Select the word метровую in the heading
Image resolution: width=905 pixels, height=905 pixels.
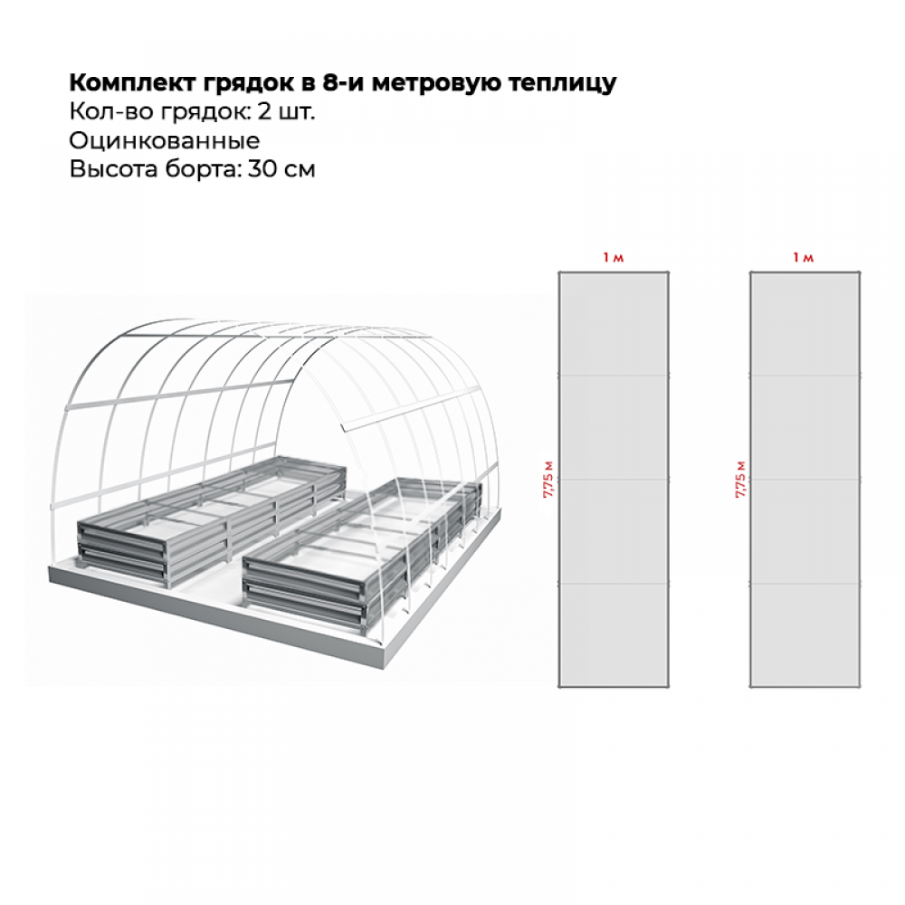[x=443, y=84]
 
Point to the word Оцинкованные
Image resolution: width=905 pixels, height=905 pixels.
[x=164, y=141]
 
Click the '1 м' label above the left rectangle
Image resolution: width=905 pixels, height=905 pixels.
[x=613, y=259]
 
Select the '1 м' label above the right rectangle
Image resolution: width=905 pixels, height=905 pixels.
[x=804, y=259]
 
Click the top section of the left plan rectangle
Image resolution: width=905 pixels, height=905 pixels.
[x=613, y=323]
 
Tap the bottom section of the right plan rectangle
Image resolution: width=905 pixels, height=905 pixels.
[x=805, y=635]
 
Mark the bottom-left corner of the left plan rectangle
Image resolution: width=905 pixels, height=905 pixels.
[x=558, y=687]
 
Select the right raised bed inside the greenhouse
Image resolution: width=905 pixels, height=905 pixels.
[x=362, y=552]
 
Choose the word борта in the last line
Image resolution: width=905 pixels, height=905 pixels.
[x=196, y=169]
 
